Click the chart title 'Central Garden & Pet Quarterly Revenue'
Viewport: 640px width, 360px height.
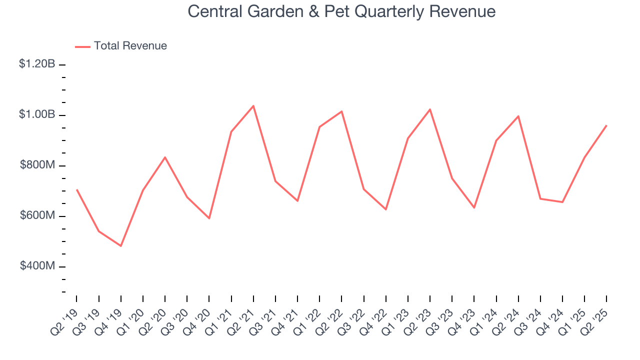341,11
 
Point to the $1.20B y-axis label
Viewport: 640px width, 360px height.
37,64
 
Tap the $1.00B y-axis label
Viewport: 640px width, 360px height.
37,114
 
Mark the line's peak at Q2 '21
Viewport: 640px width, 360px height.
253,106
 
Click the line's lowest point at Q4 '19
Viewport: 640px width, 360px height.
121,246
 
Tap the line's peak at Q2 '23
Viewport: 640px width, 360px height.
430,109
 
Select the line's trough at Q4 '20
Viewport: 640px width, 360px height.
209,218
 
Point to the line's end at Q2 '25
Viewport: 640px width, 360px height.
606,125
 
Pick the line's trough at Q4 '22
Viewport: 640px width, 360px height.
386,209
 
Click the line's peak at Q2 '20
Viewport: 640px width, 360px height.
165,157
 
